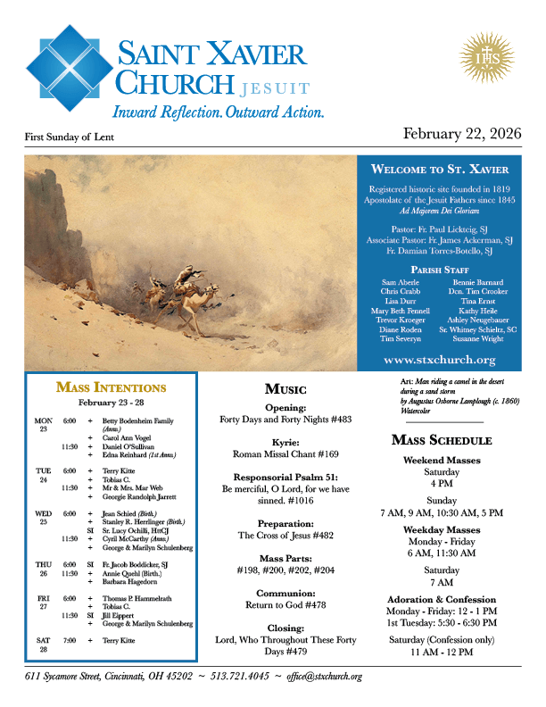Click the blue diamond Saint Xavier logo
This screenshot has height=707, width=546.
click(x=69, y=68)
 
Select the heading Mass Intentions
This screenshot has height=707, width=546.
click(x=111, y=387)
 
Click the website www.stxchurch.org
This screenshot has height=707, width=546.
click(x=438, y=360)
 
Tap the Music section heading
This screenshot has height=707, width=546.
click(x=285, y=389)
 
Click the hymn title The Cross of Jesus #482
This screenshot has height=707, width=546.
click(x=285, y=536)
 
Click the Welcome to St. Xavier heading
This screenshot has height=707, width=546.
click(x=440, y=169)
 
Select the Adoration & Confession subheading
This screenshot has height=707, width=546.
click(x=442, y=599)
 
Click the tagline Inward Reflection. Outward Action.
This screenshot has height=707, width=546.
click(x=218, y=112)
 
